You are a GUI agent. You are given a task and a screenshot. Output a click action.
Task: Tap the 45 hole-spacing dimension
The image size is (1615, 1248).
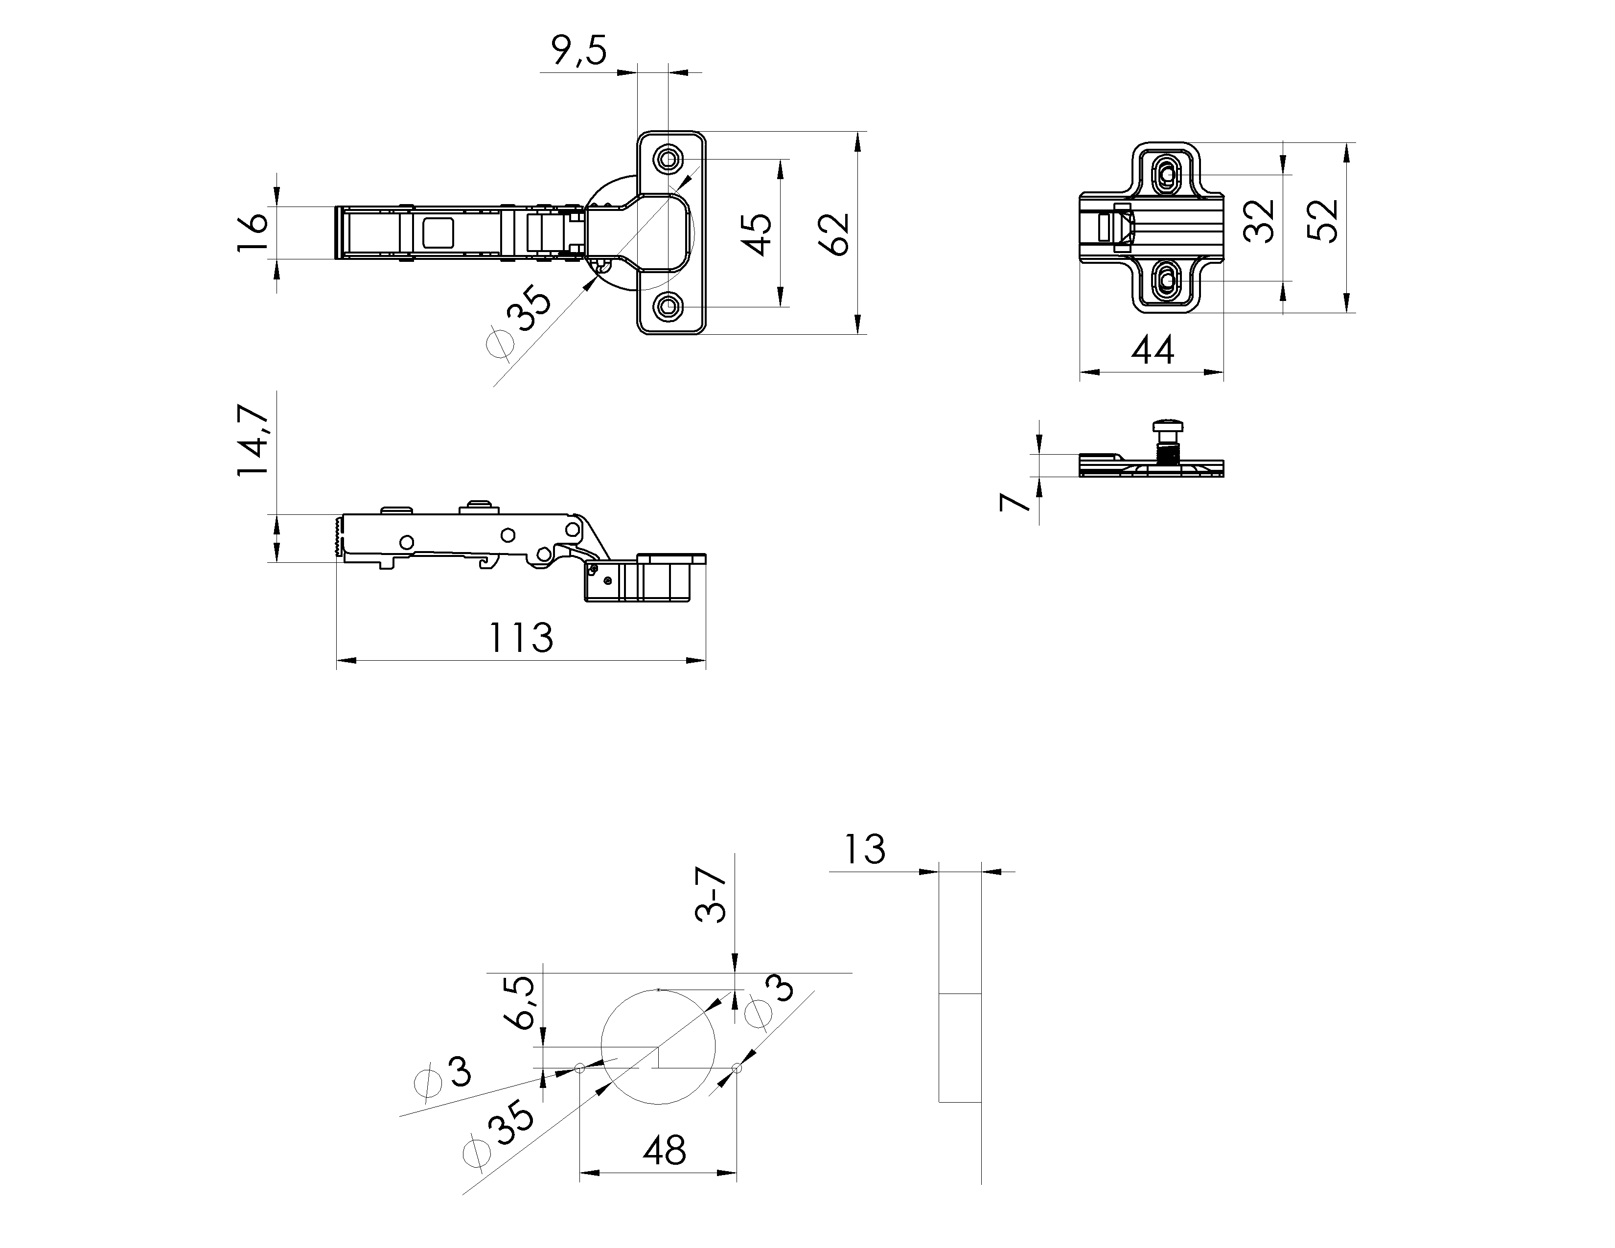(759, 234)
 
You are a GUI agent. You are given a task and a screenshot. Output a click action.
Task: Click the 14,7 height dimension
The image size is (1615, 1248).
(253, 440)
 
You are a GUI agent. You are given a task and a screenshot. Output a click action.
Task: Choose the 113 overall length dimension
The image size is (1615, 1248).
(521, 637)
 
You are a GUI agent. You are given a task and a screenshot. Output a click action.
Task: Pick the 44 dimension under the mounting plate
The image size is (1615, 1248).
(1152, 350)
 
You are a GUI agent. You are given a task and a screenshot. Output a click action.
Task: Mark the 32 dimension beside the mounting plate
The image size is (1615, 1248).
(1259, 221)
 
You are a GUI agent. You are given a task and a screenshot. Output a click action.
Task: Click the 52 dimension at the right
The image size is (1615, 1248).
(1323, 221)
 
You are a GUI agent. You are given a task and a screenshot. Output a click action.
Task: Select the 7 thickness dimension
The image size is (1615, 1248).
(1015, 501)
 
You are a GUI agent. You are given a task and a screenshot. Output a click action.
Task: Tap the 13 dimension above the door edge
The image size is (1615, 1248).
(864, 850)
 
